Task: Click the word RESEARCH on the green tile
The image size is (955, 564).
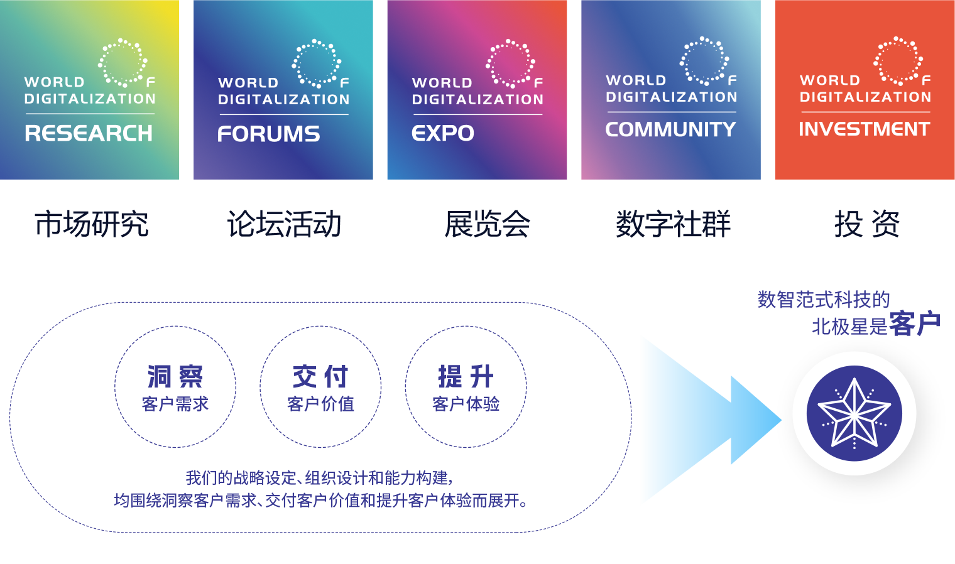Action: pos(89,133)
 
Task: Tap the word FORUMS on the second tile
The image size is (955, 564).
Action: pos(269,134)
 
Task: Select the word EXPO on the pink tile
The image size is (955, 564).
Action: pos(443,133)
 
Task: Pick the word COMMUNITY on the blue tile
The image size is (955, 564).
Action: pos(670,129)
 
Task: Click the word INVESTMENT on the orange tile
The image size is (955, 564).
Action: pos(865,129)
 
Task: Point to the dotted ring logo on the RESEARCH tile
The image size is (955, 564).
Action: pos(123,62)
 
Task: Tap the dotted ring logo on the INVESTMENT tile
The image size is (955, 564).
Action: pos(898,60)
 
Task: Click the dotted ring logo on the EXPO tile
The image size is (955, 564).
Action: pos(510,63)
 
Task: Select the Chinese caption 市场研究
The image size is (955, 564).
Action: pos(92,224)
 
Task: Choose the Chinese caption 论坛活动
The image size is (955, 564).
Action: pos(284,224)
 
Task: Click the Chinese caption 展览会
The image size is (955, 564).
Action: pos(487,224)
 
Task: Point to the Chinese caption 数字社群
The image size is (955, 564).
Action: pos(673,224)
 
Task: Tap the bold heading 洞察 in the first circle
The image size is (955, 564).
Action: pos(175,377)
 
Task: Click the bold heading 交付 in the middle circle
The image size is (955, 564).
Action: pos(320,377)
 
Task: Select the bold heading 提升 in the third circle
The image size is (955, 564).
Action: pos(466,377)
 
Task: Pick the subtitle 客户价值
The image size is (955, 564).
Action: pos(320,404)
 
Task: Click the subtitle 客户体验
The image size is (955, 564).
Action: pos(466,404)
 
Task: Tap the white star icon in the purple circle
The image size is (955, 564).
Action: pos(854,413)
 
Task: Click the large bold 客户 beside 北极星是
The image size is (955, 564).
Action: pos(915,324)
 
